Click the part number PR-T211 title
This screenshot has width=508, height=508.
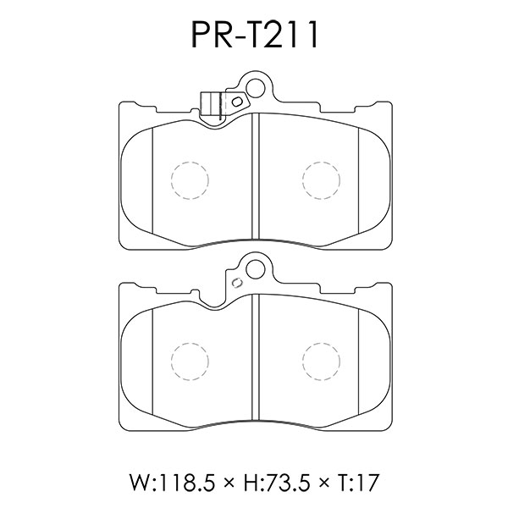(x=255, y=36)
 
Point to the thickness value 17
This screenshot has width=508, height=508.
(x=368, y=483)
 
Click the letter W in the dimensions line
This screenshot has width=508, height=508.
(x=140, y=483)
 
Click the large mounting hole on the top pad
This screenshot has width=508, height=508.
(x=256, y=88)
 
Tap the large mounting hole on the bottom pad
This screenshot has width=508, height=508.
(x=256, y=268)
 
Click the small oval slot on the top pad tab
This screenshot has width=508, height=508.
(x=237, y=102)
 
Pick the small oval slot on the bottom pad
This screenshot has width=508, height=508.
(x=237, y=282)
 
